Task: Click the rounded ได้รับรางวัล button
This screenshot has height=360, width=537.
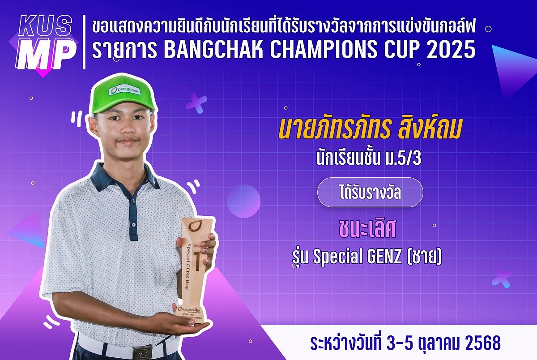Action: pyautogui.click(x=370, y=193)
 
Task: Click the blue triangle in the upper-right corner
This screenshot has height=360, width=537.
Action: pyautogui.click(x=514, y=67)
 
